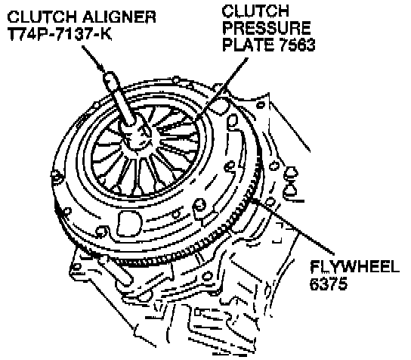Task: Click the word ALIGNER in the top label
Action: [119, 17]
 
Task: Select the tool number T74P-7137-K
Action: [60, 34]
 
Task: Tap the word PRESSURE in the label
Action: [267, 28]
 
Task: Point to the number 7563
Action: [297, 45]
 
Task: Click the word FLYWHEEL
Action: [355, 267]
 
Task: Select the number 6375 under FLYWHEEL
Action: [329, 284]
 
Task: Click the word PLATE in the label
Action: [249, 45]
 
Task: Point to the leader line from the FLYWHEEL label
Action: [294, 227]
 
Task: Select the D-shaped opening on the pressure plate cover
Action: [128, 224]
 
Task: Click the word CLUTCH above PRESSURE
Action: [255, 11]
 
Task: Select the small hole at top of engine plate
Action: [261, 105]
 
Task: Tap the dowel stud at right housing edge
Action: [290, 181]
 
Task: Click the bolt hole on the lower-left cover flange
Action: [101, 231]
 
